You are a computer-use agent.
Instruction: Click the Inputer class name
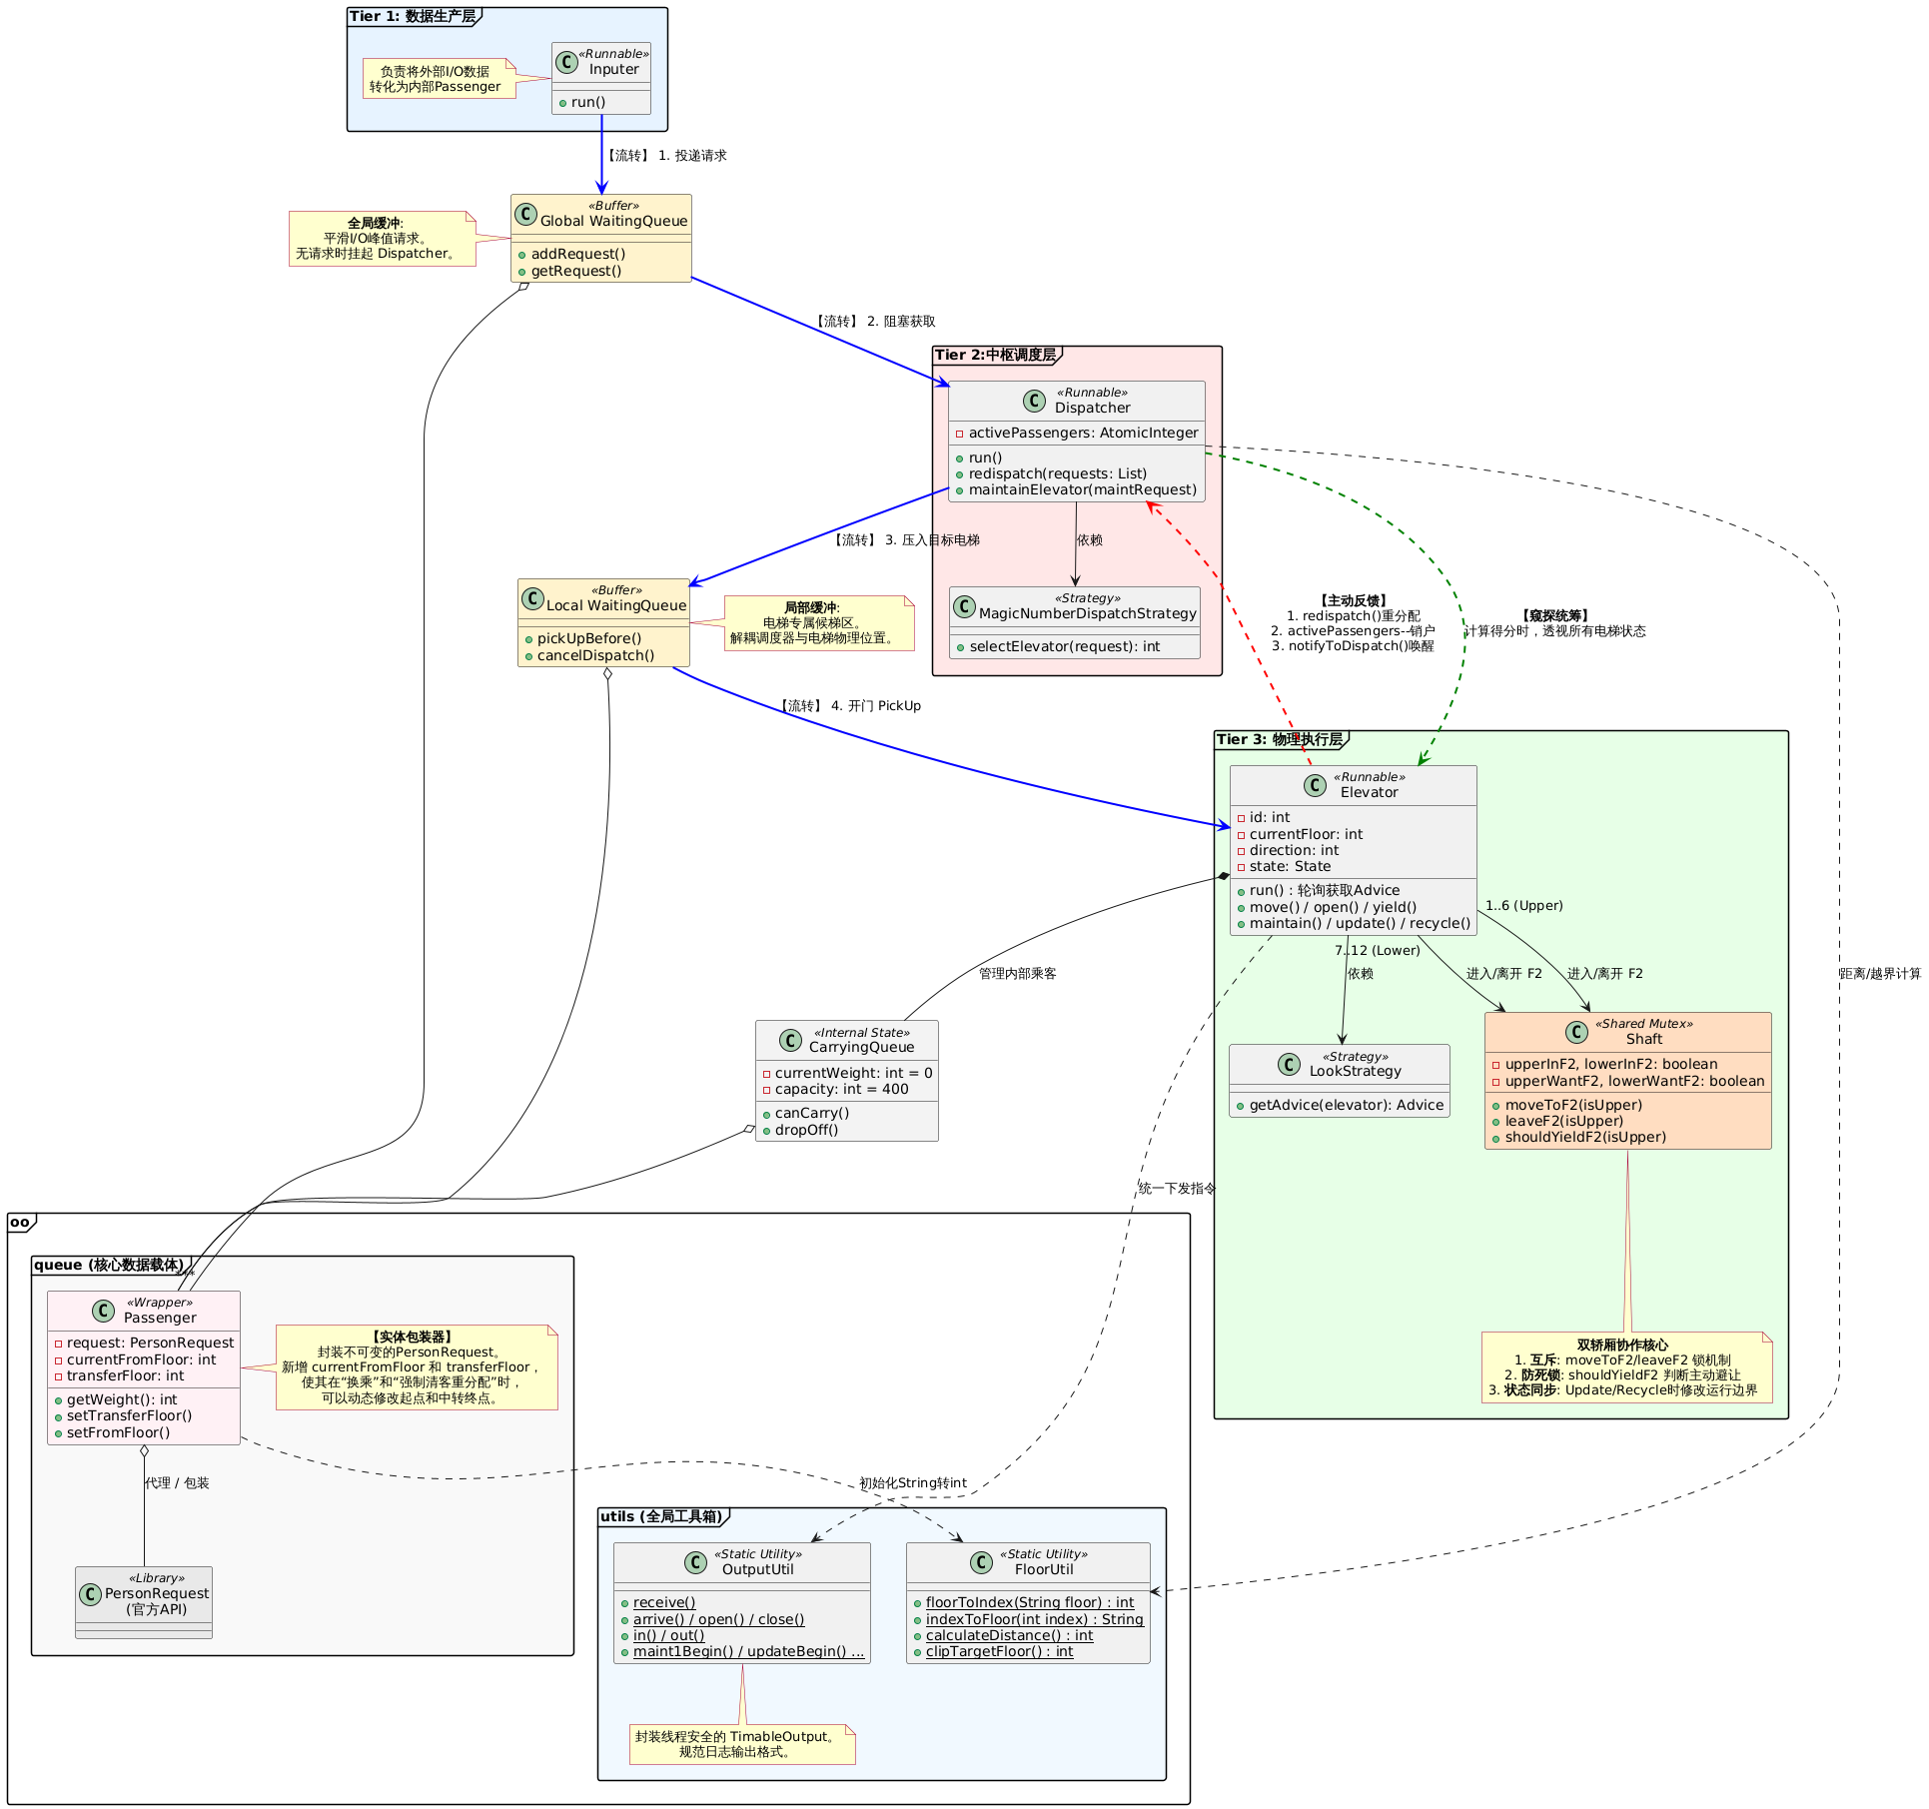point(613,70)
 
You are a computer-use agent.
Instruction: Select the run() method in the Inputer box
point(588,103)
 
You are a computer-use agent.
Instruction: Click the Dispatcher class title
point(1092,408)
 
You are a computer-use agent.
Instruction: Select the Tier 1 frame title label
point(413,17)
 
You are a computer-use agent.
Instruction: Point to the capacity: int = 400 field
point(841,1090)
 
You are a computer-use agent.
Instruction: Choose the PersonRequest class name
point(157,1594)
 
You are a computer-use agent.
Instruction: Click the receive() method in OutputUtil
point(664,1603)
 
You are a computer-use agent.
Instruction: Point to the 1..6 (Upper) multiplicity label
point(1523,906)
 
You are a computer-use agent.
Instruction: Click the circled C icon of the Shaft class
point(1576,1032)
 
